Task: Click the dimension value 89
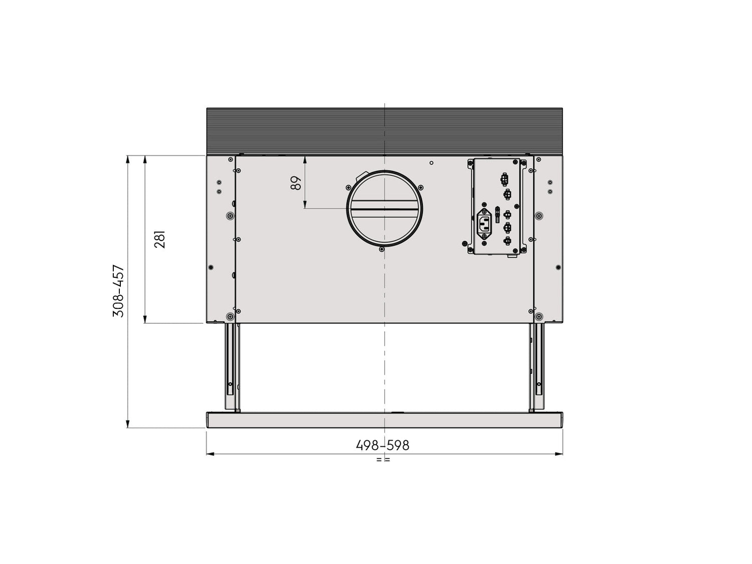coord(296,182)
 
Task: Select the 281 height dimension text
coord(159,239)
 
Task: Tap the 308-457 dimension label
coord(118,291)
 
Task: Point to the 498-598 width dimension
coord(383,445)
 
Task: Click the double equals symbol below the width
coord(383,459)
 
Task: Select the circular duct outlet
coord(385,209)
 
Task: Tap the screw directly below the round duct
coord(382,249)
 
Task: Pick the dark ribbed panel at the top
coord(385,131)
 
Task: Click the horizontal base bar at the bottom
coord(385,420)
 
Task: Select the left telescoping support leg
coord(232,367)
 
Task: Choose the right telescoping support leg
coord(536,367)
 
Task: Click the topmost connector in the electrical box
coord(504,179)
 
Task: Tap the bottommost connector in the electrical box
coord(508,241)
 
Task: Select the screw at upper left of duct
coord(348,187)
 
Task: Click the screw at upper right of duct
coord(421,187)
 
